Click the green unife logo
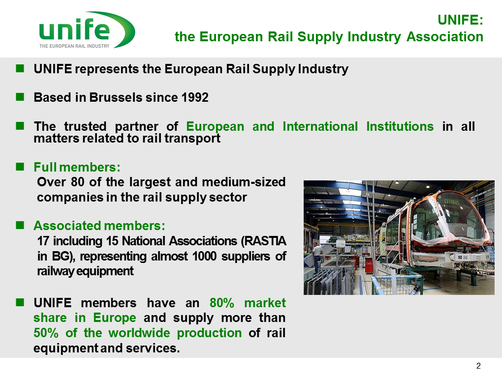click(87, 30)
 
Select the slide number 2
click(478, 366)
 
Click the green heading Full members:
click(77, 167)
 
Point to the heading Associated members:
click(99, 226)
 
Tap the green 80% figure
click(222, 302)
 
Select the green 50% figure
click(46, 333)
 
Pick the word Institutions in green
click(400, 126)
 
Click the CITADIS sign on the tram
click(452, 202)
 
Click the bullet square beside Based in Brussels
click(20, 97)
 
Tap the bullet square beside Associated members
click(20, 226)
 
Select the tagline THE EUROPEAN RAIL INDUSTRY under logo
click(74, 46)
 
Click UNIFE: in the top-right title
click(460, 20)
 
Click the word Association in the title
click(445, 36)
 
